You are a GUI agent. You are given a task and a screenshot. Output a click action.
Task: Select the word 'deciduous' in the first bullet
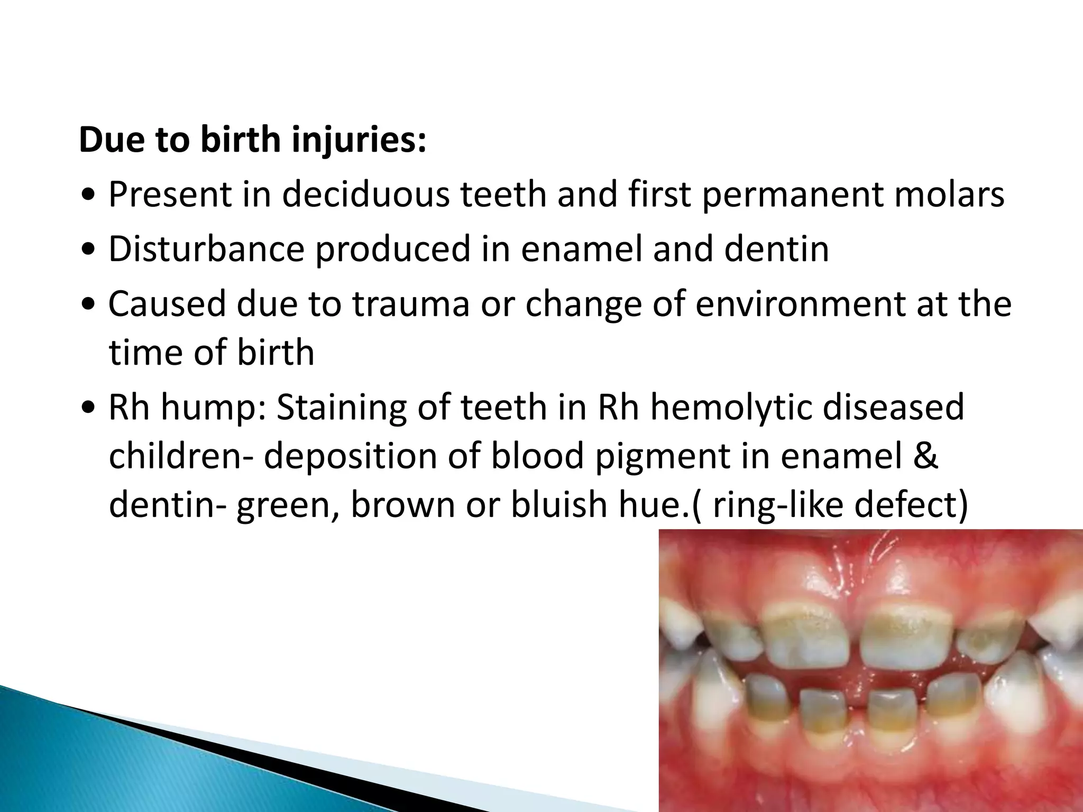tap(365, 195)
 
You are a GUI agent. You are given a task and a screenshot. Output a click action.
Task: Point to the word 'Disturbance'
tap(206, 249)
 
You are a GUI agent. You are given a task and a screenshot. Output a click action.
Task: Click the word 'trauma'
tap(411, 304)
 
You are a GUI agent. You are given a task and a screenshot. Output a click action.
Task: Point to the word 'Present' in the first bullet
tap(170, 195)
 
